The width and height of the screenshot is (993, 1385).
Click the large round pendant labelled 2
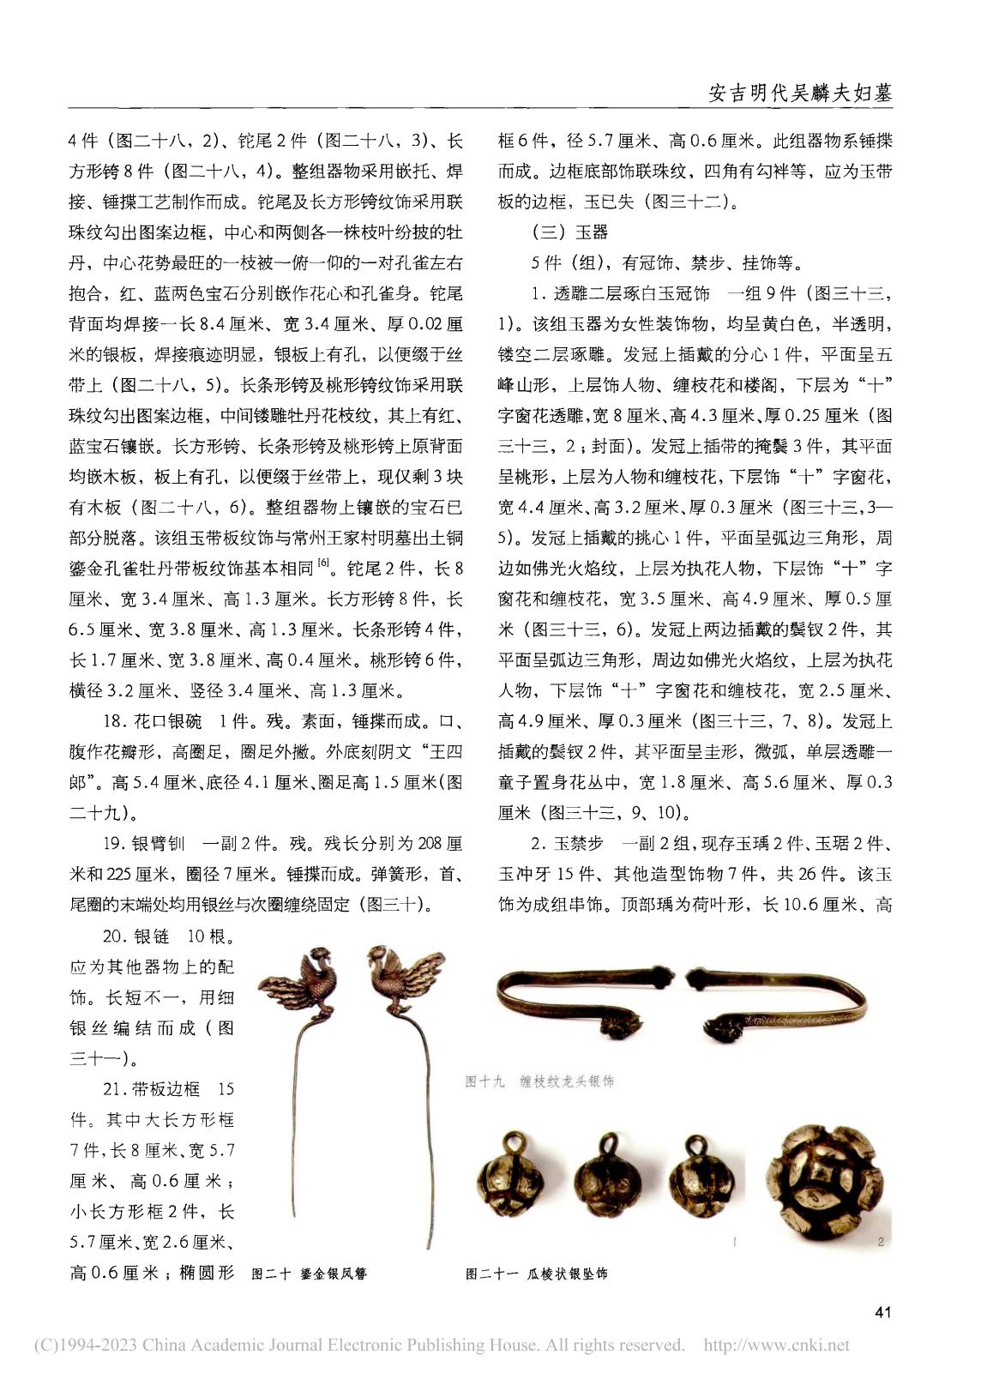tap(827, 1184)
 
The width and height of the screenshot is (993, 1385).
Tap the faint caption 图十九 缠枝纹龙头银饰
tap(539, 1081)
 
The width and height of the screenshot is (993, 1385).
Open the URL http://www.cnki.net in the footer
tap(776, 1345)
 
